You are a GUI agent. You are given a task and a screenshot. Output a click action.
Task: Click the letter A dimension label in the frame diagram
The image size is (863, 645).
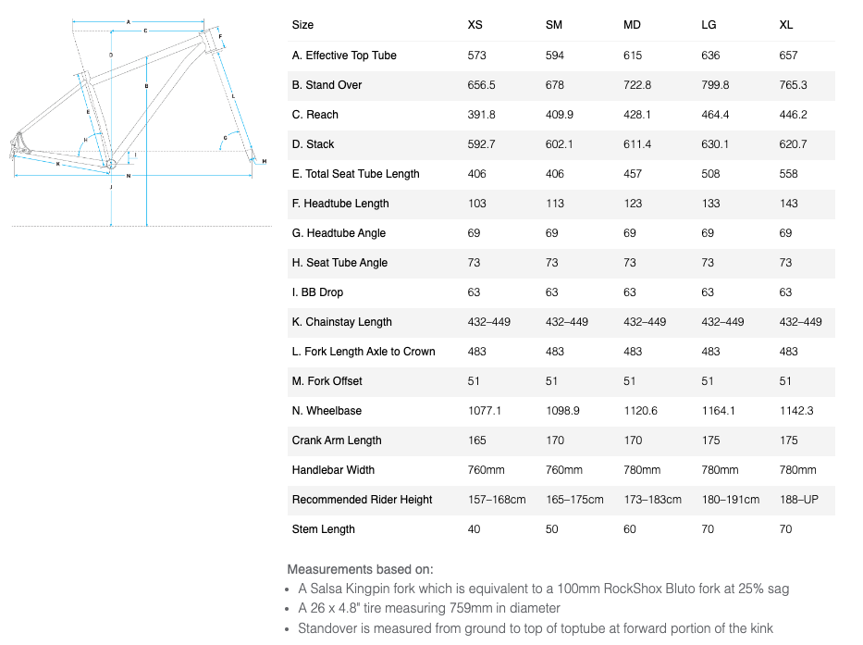pos(128,21)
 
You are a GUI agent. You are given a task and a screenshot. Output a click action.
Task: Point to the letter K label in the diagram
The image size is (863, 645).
pos(57,164)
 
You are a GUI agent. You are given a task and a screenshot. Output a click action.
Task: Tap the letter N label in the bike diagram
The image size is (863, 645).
pos(129,175)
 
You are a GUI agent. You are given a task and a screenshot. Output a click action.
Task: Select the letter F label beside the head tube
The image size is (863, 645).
pos(220,37)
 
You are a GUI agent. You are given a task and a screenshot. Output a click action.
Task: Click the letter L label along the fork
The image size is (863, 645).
pos(233,95)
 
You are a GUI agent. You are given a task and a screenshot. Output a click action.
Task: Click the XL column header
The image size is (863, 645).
pos(786,25)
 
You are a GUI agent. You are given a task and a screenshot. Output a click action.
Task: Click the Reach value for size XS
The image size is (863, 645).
pos(482,115)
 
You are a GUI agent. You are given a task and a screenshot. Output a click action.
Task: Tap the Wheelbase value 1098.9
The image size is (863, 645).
pos(562,411)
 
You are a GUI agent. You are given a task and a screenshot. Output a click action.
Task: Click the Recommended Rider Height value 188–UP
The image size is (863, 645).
pos(799,500)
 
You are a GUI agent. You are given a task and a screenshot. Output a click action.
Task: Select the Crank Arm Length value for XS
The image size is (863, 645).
pos(477,440)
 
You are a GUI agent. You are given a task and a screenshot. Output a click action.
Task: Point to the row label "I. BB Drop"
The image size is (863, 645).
pos(317,292)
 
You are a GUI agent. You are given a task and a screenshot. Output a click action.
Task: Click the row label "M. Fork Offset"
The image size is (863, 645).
pos(327,381)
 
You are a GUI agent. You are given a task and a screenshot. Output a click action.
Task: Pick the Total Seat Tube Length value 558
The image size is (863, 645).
pos(788,174)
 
